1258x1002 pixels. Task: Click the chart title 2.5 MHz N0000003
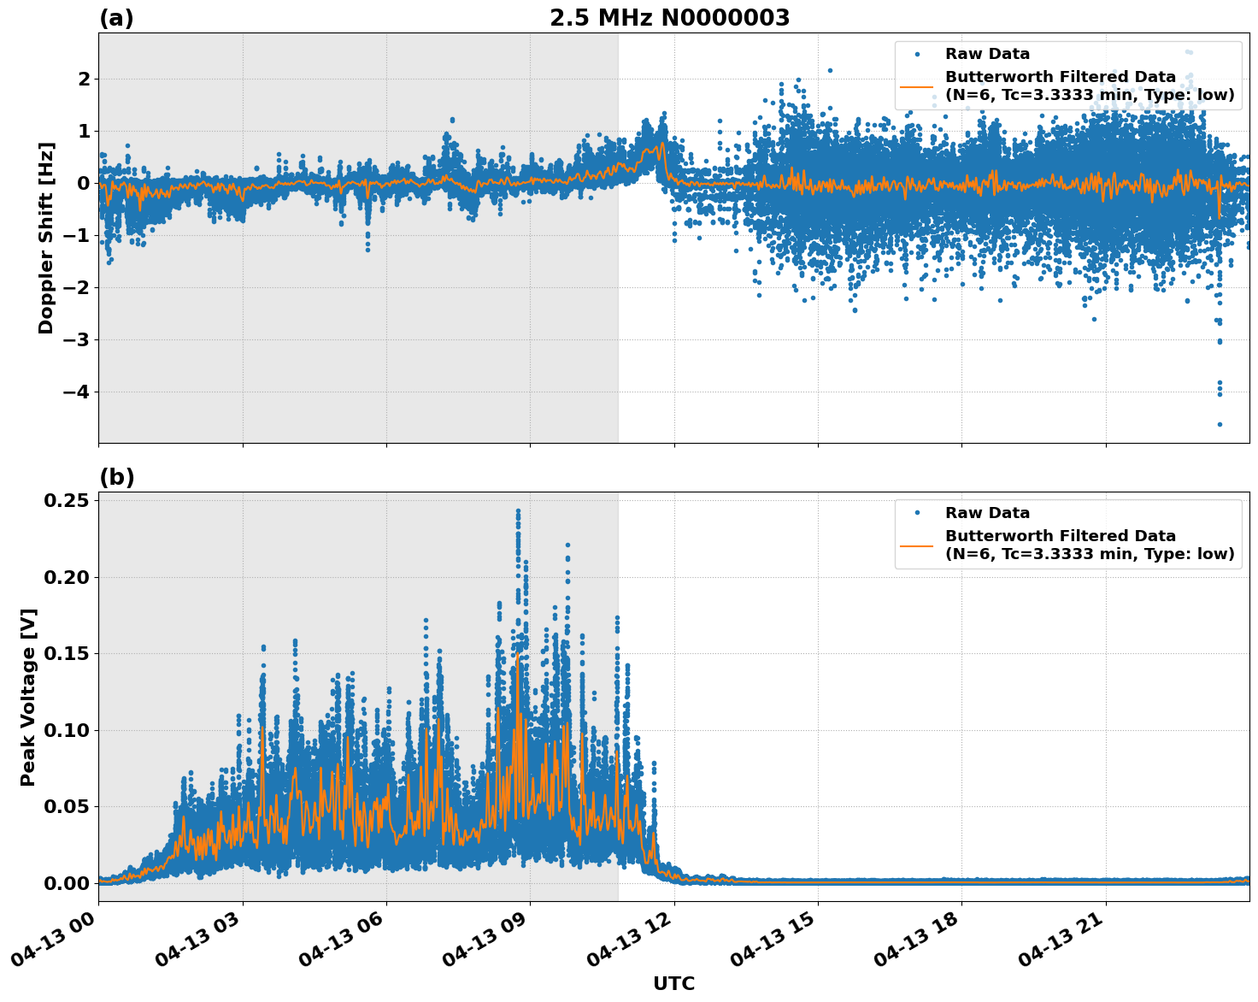tap(669, 18)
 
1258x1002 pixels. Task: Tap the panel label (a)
tap(116, 18)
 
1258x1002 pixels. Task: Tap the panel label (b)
tap(116, 477)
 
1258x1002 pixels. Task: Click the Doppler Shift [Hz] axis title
tap(46, 238)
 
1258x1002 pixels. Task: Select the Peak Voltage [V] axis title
tap(28, 697)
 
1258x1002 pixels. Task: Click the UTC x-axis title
tap(673, 983)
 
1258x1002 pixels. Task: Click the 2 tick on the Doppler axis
tap(84, 80)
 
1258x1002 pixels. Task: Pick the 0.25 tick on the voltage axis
tap(66, 500)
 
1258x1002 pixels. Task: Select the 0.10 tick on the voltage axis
tap(66, 730)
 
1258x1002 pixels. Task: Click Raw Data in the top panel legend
tap(987, 54)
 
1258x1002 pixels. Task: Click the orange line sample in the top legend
tap(917, 86)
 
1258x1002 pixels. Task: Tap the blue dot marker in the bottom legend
tap(917, 513)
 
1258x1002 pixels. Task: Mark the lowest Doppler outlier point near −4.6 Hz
tap(1220, 424)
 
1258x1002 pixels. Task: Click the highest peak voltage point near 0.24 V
tap(518, 511)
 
